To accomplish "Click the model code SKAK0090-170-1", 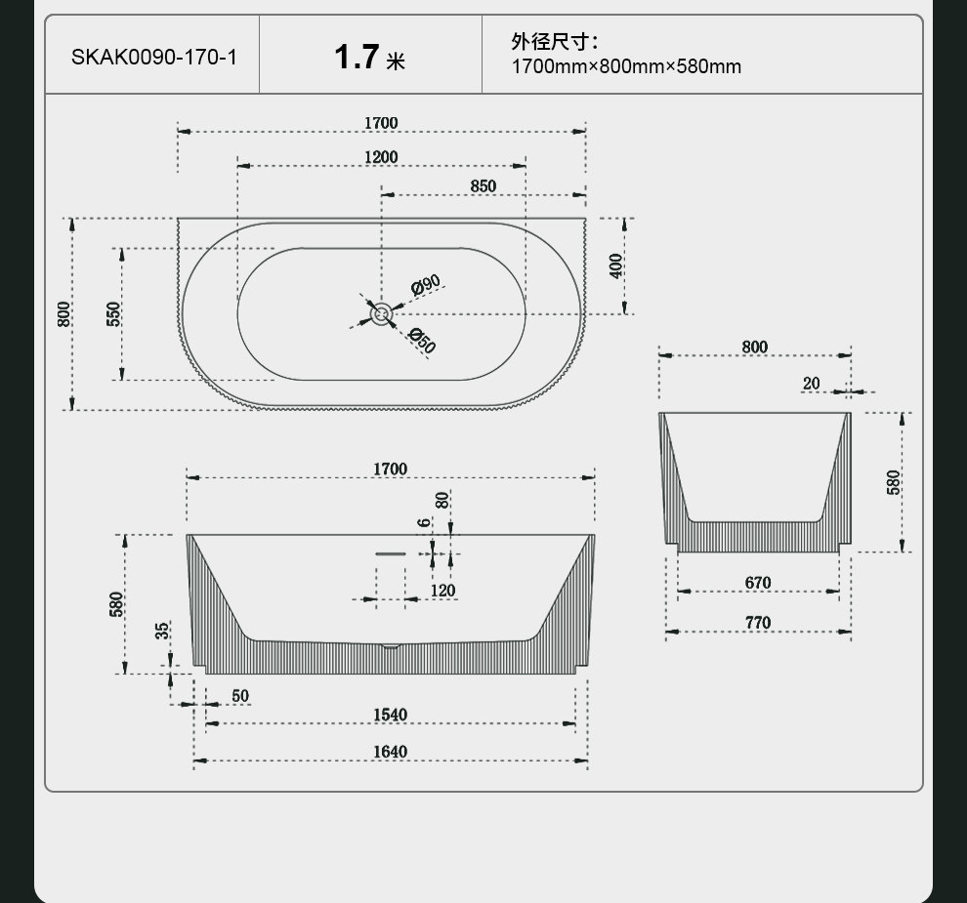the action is coord(154,58).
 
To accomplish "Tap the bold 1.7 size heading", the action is coord(357,57).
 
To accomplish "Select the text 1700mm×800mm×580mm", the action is coord(626,66).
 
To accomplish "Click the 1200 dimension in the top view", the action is coord(381,157).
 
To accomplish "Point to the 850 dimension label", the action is coord(483,186).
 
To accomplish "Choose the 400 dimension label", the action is coord(616,267).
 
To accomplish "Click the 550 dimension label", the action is coord(114,313).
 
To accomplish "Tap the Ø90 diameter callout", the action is coord(426,285).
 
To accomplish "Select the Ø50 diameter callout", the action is coord(422,341).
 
